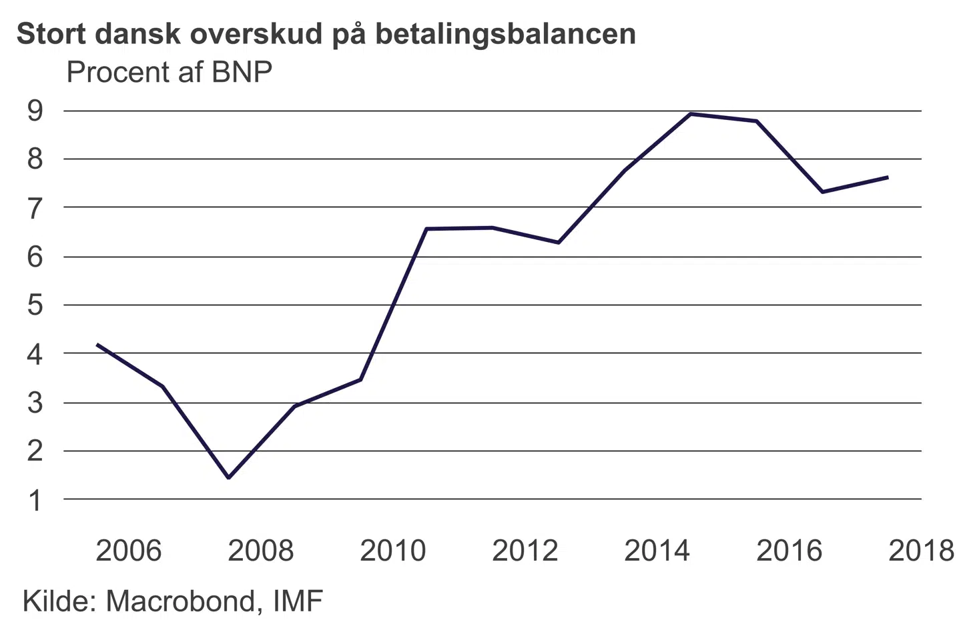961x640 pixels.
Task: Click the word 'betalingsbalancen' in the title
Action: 505,34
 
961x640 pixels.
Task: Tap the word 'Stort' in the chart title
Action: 49,34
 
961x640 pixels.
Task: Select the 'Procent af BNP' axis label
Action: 170,72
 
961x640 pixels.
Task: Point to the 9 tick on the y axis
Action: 35,111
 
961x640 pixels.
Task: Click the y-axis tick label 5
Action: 35,305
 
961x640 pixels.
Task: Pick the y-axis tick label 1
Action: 35,500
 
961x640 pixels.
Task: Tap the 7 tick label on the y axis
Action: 35,208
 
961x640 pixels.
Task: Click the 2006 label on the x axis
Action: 129,551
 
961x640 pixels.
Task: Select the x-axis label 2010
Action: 393,551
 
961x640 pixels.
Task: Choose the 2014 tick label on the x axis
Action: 657,551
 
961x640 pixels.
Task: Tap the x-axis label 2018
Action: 922,551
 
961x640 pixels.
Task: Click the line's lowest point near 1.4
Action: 229,477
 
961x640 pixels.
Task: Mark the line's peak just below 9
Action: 691,114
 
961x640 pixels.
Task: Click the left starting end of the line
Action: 98,345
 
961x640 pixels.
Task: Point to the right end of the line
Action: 887,177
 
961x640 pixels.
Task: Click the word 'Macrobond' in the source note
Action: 180,601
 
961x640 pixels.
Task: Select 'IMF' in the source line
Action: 298,601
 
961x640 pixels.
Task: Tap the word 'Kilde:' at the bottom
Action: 60,601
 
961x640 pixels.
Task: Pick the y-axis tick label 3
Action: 35,403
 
